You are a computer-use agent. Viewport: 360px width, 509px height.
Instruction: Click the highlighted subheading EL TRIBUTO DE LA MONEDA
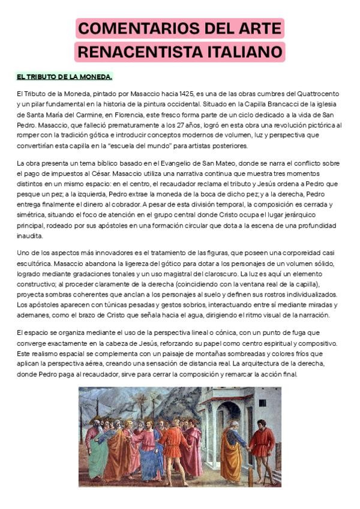(x=64, y=77)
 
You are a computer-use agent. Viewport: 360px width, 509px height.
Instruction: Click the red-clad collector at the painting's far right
(x=263, y=444)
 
